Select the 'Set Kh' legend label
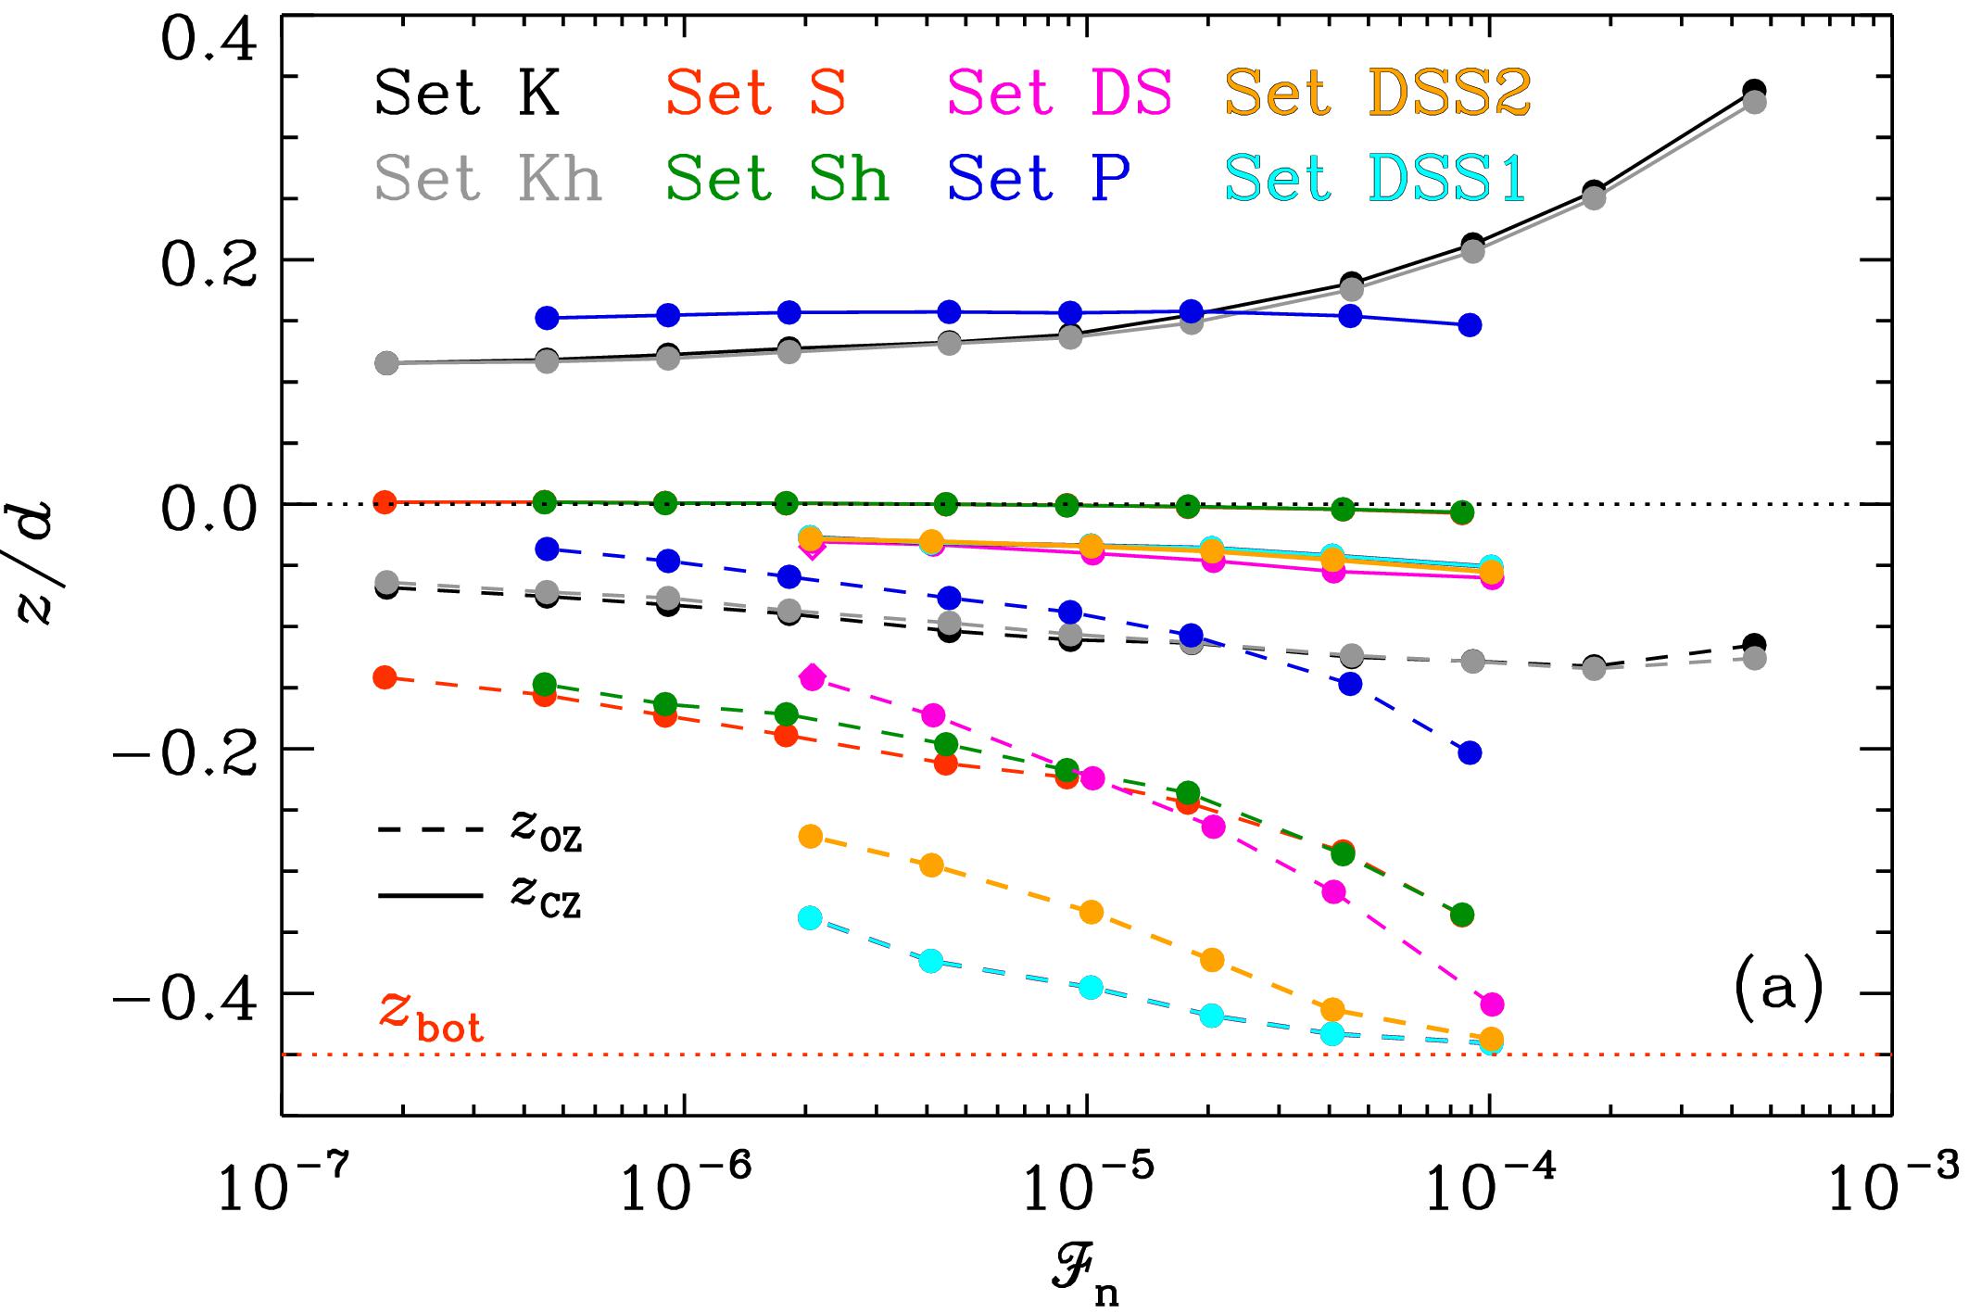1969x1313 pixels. pos(488,179)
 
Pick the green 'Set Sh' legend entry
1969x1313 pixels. pos(776,179)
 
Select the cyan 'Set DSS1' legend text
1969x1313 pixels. pos(1375,179)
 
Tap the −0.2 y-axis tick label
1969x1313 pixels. pos(185,749)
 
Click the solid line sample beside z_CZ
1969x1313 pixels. pos(430,896)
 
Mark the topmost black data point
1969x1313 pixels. pos(1753,91)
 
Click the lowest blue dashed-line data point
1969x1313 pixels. pos(1470,752)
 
